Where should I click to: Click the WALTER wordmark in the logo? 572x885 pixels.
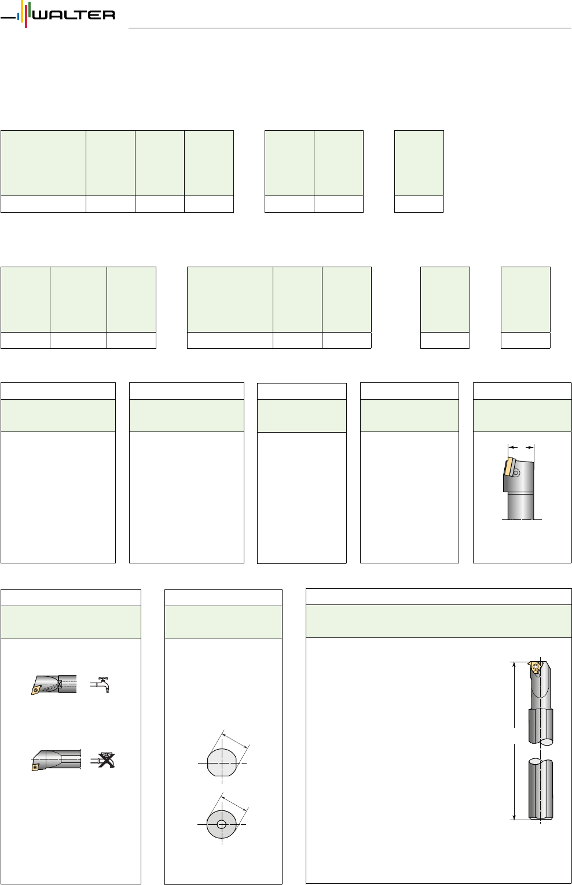coord(74,15)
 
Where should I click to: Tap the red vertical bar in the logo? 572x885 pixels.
coord(26,15)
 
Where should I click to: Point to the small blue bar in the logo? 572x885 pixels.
coord(18,17)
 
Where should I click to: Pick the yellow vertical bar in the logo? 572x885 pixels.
coord(23,11)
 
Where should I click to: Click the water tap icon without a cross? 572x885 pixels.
coord(100,685)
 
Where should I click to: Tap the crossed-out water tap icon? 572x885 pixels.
coord(103,760)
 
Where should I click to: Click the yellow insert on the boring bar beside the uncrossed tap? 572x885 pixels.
coord(36,689)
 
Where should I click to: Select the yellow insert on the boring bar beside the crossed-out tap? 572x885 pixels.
coord(35,766)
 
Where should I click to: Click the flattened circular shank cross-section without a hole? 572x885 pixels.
coord(222,762)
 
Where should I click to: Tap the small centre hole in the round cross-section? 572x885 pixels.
coord(222,824)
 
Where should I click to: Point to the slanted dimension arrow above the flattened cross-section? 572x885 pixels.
coord(235,741)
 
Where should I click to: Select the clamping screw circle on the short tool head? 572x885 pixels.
coord(516,473)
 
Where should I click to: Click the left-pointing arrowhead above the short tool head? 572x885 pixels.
coord(513,447)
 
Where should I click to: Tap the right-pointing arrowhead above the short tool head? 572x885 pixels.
coord(530,447)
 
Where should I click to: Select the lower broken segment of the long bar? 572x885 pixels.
coord(541,788)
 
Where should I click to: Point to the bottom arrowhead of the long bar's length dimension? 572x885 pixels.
coord(514,816)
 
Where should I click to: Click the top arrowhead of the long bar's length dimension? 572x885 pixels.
coord(514,665)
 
